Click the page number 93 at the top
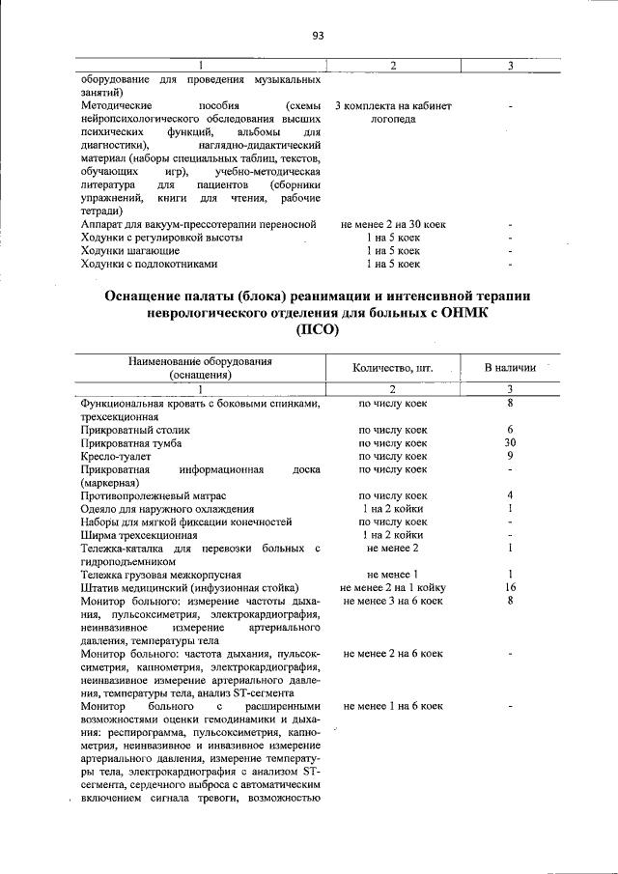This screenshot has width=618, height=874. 318,36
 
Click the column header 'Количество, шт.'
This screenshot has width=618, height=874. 392,368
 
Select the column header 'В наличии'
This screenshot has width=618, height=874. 509,368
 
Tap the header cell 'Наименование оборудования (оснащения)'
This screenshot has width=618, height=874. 200,368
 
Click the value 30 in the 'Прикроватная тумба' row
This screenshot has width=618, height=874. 509,442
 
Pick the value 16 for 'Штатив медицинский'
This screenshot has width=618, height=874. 509,587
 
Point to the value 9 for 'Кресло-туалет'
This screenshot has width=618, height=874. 509,456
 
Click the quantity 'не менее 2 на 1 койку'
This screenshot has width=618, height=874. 392,587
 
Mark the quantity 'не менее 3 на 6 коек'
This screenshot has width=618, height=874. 392,601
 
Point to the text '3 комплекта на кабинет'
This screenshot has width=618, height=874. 392,105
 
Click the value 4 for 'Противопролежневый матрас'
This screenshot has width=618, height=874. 509,495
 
